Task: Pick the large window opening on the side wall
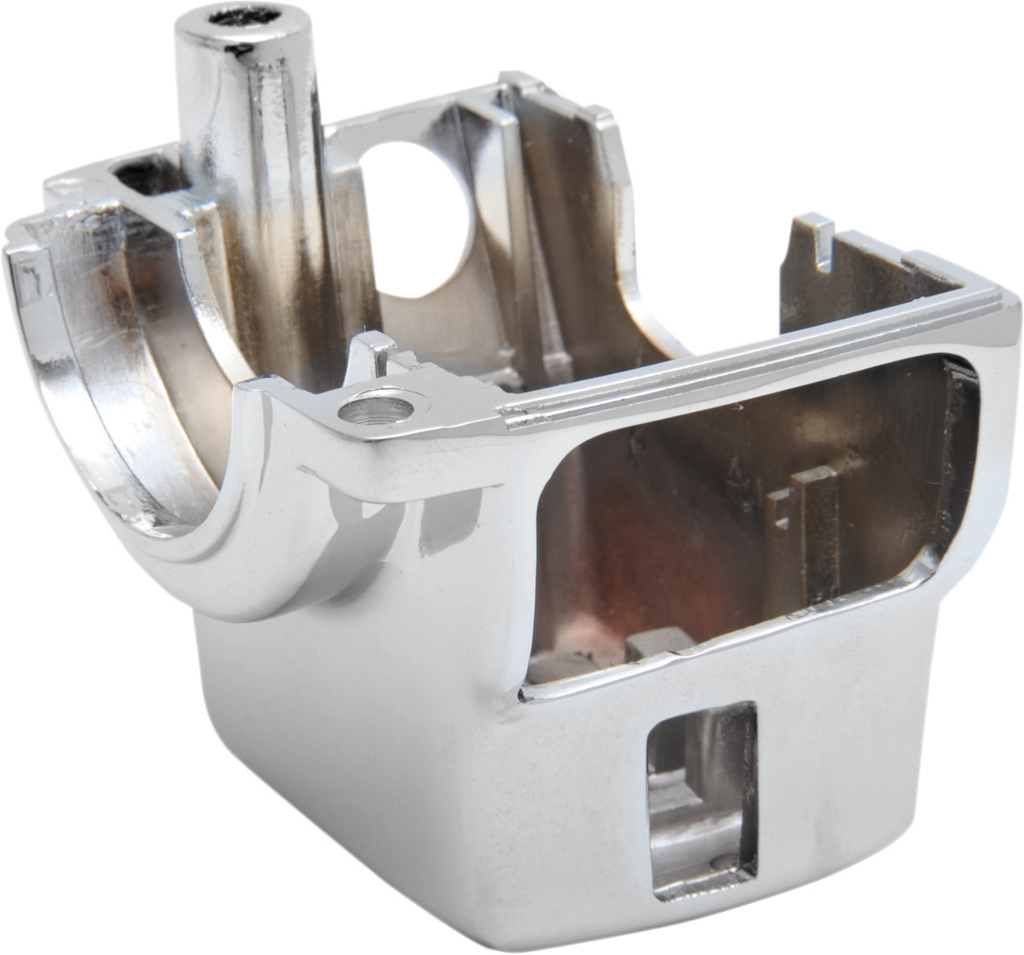(748, 518)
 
